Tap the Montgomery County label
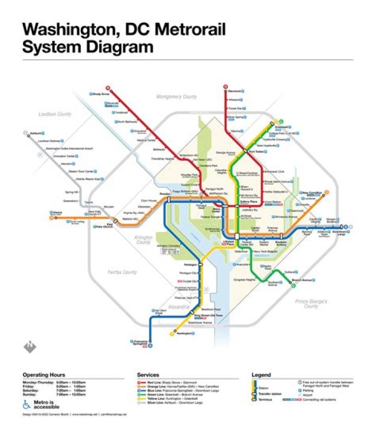point(177,96)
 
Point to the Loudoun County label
point(54,114)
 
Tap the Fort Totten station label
point(257,151)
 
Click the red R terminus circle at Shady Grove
point(108,88)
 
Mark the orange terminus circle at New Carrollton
point(326,191)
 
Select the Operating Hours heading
point(43,374)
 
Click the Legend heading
point(261,374)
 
